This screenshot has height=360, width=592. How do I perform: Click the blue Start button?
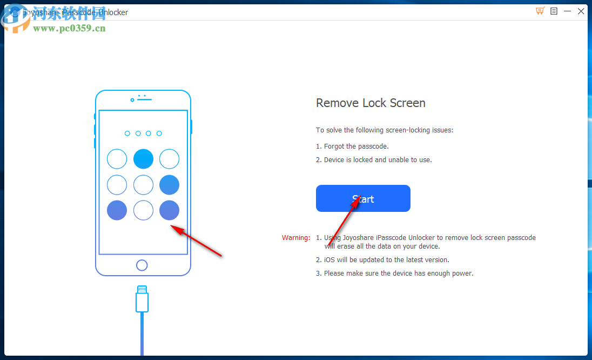coord(363,198)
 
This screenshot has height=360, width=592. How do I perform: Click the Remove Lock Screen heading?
coord(371,103)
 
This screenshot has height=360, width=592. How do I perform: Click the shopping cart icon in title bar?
coord(540,11)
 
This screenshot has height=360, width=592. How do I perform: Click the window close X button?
coord(581,11)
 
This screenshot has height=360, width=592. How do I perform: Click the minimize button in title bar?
coord(567,11)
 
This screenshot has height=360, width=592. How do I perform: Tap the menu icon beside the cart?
coord(554,11)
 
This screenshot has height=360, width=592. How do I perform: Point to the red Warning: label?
coord(296,238)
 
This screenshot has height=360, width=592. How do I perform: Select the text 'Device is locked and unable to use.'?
coord(378,160)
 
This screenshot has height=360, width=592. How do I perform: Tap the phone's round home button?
coord(142,265)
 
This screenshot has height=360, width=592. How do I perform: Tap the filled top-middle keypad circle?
coord(143,159)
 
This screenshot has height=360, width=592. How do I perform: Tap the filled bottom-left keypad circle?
coord(117,210)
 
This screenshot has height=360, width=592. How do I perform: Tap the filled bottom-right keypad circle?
coord(169,210)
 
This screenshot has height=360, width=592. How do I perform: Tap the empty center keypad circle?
coord(143,184)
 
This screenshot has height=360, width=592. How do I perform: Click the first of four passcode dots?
coord(127,134)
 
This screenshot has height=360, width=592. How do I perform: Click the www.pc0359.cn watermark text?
coord(69,28)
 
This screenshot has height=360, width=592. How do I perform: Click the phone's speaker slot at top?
coord(144,100)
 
